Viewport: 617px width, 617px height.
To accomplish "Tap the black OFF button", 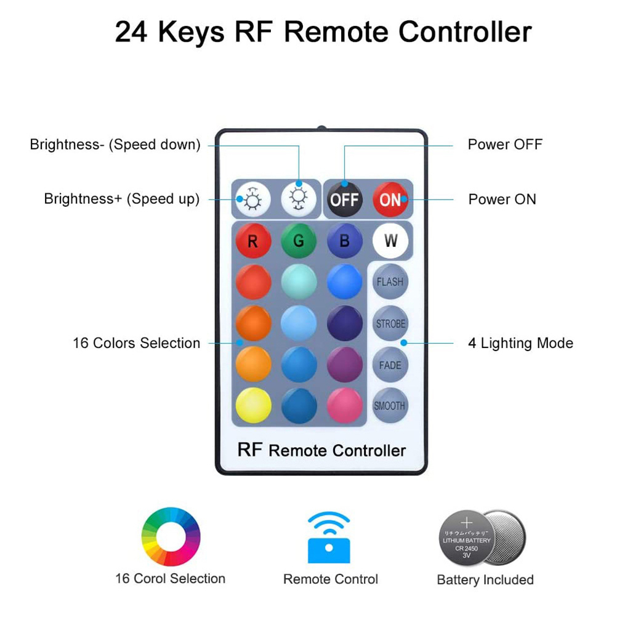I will pos(344,200).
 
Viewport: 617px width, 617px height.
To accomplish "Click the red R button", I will pos(253,241).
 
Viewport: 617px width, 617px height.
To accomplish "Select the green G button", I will pos(299,241).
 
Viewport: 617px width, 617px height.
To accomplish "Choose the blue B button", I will pos(344,241).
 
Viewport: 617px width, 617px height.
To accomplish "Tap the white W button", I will pos(390,241).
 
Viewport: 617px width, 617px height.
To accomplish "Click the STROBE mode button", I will pos(390,323).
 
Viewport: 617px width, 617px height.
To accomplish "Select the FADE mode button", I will pos(390,365).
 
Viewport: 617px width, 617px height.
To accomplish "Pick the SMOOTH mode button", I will pos(390,406).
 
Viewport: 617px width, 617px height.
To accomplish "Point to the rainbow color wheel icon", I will pos(171,537).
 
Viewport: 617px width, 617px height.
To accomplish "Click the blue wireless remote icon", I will pos(329,537).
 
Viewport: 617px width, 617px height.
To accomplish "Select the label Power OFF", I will pos(505,145).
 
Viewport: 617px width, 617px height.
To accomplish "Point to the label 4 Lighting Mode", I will pos(520,343).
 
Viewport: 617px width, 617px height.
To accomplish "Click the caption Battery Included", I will pos(485,580).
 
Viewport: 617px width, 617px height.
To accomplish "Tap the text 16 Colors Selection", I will pos(136,343).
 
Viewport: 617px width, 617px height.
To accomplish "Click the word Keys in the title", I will pos(191,32).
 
